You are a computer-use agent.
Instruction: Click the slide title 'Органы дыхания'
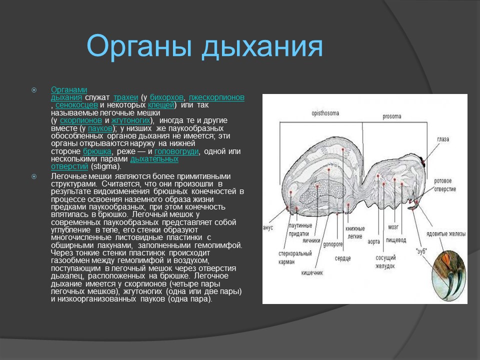point(205,46)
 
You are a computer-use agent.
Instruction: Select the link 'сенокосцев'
point(76,105)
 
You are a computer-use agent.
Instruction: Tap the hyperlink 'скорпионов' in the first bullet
point(81,120)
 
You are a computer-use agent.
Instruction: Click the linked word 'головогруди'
point(176,151)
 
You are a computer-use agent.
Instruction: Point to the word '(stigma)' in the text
point(105,166)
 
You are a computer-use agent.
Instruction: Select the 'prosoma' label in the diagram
point(391,116)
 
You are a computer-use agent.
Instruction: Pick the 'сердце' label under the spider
point(342,258)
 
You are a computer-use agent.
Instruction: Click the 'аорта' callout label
point(373,241)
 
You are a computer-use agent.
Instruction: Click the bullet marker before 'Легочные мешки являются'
point(34,176)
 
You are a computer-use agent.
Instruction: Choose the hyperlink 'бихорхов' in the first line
point(166,97)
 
